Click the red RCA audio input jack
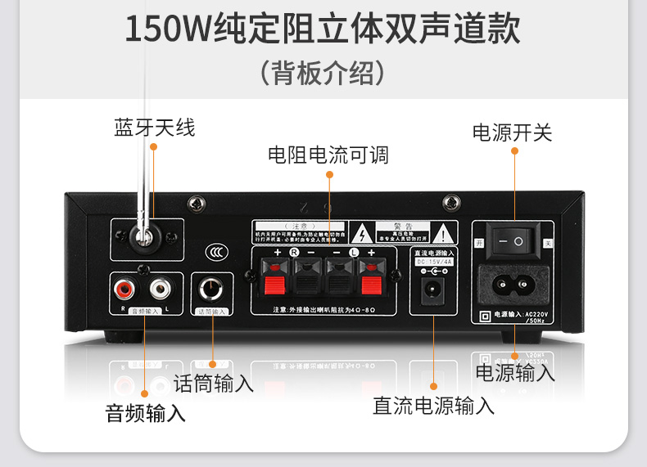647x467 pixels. [125, 289]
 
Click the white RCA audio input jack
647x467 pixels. [160, 289]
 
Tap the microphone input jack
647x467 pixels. [212, 290]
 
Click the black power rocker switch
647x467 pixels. [517, 241]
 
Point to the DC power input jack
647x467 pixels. [432, 289]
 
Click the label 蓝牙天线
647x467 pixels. [155, 128]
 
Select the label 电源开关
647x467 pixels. [513, 132]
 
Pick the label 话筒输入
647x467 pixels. [214, 383]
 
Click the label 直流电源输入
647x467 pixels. [434, 405]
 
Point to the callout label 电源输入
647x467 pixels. [515, 373]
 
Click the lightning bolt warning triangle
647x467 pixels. [360, 231]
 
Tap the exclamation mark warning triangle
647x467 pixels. [443, 231]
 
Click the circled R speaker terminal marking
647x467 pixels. [294, 253]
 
